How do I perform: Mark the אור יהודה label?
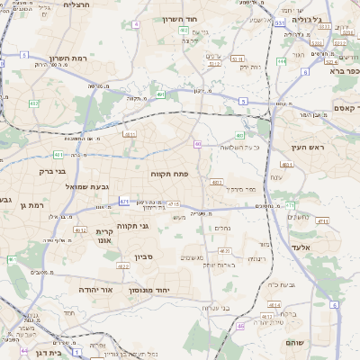(96, 290)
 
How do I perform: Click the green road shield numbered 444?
(282, 61)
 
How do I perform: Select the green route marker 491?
(160, 94)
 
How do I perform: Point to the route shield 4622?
(124, 266)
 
